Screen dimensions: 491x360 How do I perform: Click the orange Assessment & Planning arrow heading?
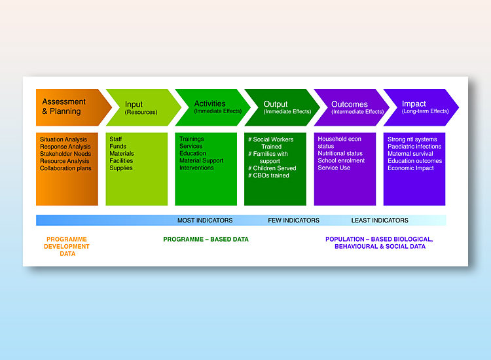73,107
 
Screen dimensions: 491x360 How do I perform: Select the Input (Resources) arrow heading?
143,107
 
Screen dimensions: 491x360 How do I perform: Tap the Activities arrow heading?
213,107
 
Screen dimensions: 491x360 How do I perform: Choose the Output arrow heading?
282,107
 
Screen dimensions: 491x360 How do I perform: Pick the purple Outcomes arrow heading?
352,107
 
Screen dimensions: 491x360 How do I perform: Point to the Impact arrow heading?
421,107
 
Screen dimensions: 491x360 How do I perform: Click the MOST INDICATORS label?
205,221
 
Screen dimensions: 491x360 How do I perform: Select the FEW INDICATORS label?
294,221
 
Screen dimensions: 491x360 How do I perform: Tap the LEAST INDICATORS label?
380,221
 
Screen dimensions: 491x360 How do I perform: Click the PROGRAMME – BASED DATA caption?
206,240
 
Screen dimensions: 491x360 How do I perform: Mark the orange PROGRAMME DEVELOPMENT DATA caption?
67,246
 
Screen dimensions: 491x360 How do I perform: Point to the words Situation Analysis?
64,139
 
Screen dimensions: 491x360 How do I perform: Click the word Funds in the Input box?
118,146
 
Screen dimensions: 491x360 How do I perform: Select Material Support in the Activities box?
202,160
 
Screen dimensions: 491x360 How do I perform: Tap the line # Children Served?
272,168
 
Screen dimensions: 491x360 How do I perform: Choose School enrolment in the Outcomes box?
341,160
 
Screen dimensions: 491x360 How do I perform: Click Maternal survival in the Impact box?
410,154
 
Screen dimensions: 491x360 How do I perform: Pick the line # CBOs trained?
268,175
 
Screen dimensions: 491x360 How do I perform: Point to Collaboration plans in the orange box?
65,168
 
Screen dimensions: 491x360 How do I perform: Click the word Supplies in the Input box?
121,168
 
